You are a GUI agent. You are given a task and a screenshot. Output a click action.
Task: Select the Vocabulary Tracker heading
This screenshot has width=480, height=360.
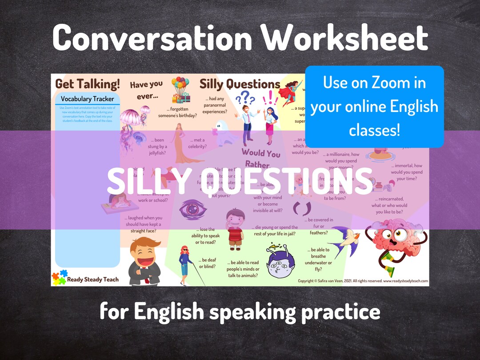click(87, 99)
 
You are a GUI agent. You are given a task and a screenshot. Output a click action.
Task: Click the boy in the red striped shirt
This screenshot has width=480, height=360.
click(235, 229)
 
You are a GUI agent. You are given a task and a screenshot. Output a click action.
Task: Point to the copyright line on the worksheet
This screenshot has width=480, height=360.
click(363, 281)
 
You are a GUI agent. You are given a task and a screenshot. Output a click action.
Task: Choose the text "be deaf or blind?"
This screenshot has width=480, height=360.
click(208, 263)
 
